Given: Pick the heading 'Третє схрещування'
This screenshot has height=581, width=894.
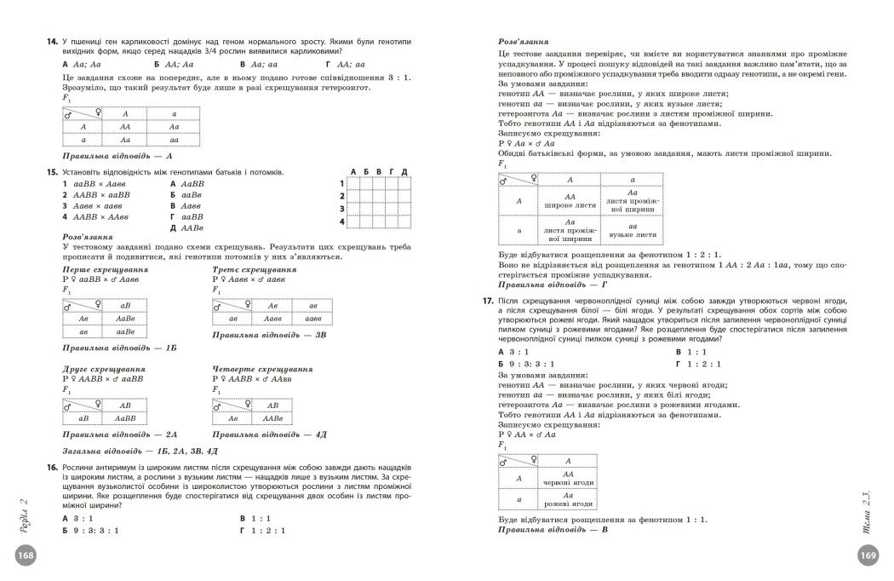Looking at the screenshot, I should (255, 269).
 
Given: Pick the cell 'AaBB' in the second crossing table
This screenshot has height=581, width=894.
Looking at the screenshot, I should (125, 418).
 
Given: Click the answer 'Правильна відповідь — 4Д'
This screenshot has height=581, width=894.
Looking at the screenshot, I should (269, 434).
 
